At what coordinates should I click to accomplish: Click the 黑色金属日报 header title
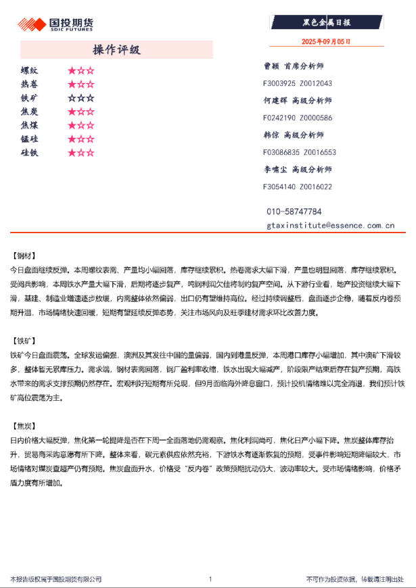tap(326, 23)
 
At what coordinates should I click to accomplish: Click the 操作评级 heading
tap(116, 50)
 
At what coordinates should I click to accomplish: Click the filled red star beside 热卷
tap(72, 84)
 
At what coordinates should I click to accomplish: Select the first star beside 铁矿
tap(72, 98)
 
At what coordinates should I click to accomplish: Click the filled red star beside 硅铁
tap(72, 153)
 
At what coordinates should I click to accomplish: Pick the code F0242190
tap(279, 118)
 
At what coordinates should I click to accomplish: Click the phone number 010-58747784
tap(294, 212)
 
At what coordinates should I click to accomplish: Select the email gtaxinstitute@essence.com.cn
tap(330, 225)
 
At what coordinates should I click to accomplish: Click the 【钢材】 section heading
tap(24, 256)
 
